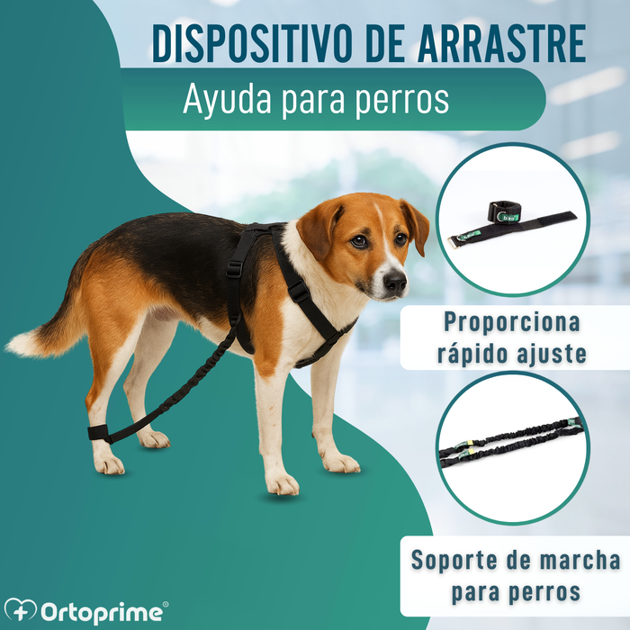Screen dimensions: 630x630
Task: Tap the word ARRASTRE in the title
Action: tap(501, 43)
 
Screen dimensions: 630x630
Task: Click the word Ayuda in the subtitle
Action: tap(228, 100)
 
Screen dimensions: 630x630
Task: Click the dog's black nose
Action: tap(395, 281)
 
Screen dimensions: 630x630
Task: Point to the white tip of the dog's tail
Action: tap(22, 344)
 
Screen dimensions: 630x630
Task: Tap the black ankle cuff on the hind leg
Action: tap(99, 432)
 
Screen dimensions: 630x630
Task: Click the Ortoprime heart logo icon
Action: tap(20, 611)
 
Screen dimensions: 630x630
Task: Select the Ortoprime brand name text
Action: tap(102, 612)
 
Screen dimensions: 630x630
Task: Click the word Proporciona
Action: tap(512, 322)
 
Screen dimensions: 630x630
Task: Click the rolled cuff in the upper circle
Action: tap(505, 211)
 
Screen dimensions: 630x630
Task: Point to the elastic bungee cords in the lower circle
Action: tap(510, 443)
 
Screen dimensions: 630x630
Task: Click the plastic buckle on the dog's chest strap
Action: tap(298, 292)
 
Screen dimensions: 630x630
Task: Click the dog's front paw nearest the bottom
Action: tap(283, 484)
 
